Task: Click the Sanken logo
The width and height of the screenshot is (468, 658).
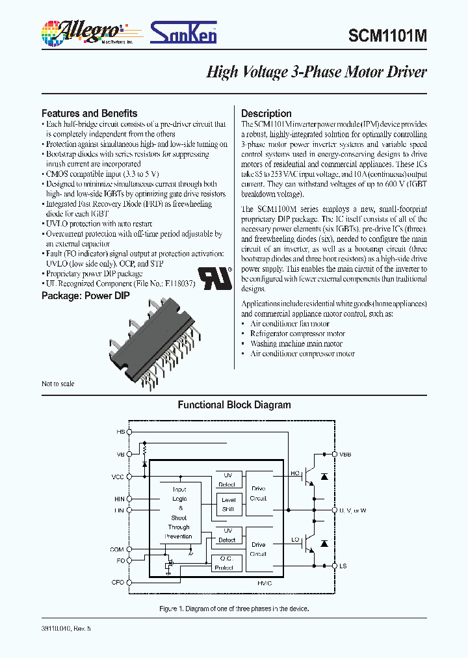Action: (183, 32)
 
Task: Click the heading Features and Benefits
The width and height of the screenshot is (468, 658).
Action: (89, 113)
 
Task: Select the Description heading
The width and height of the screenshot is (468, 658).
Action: (266, 113)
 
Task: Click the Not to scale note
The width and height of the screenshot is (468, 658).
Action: (58, 384)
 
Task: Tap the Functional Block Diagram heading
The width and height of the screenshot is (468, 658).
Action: (234, 405)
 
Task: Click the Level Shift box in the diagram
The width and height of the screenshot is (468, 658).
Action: (228, 505)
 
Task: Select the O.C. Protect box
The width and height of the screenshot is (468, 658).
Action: (227, 562)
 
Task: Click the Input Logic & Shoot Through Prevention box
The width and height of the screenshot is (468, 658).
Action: (179, 513)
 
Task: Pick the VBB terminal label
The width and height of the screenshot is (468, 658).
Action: (344, 454)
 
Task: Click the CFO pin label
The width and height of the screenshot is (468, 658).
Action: (118, 583)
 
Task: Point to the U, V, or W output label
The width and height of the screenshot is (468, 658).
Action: (352, 510)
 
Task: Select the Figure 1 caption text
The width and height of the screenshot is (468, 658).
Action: (234, 609)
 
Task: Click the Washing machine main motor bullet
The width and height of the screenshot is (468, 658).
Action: (296, 344)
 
